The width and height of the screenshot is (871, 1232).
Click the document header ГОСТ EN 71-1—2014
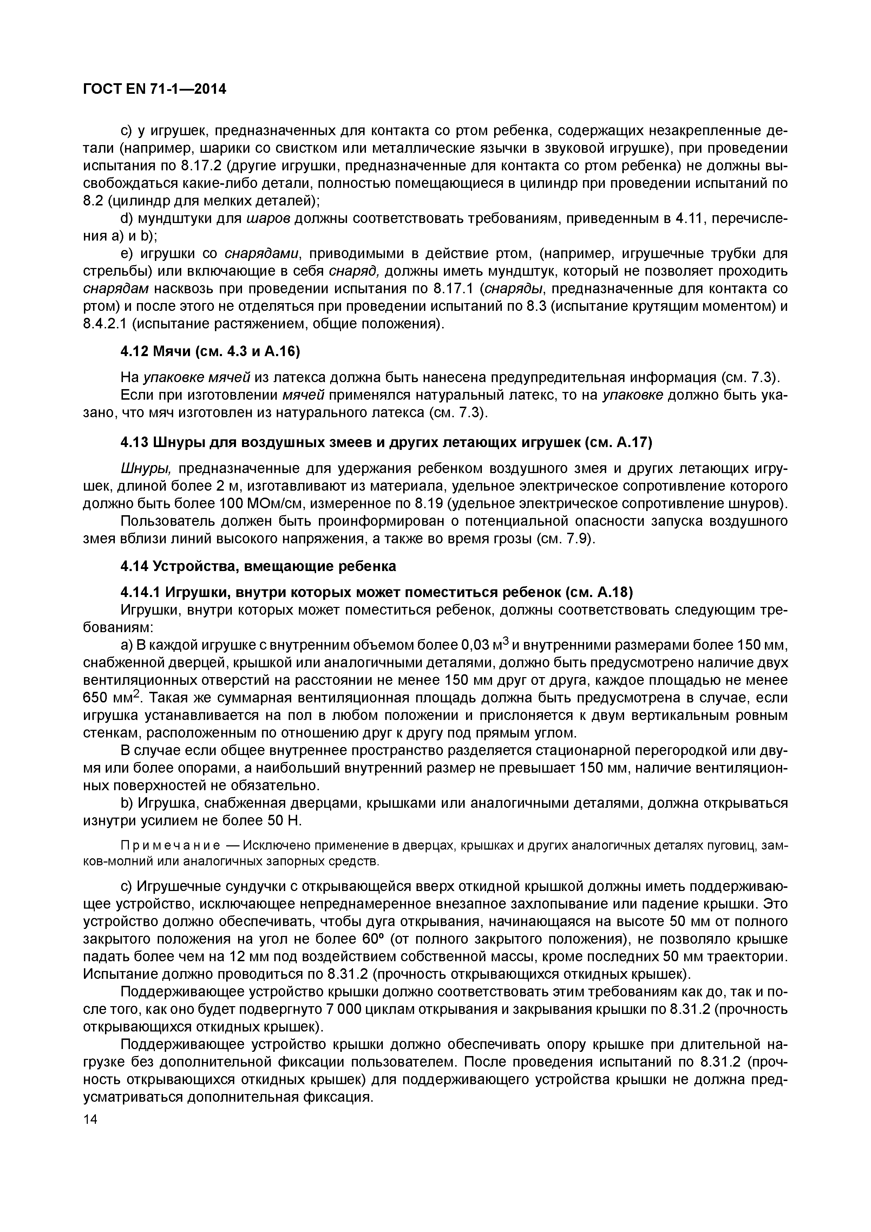pyautogui.click(x=155, y=89)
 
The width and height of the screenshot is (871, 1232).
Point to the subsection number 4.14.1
pyautogui.click(x=140, y=592)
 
